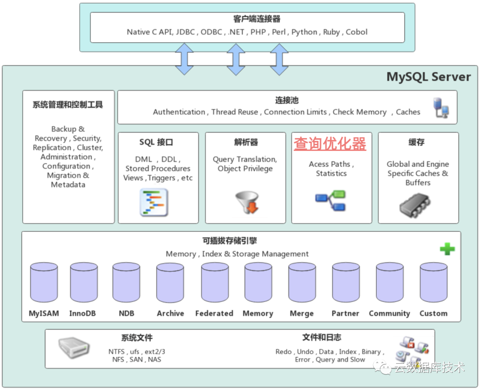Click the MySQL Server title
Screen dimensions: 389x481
pos(428,77)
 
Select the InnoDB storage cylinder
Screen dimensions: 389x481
pos(83,283)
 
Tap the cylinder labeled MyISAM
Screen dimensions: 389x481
pos(44,283)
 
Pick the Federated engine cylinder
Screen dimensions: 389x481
pos(215,283)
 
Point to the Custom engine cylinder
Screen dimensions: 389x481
pos(433,283)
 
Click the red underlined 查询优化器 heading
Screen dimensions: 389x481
pos(330,144)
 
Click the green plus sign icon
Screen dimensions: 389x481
pos(447,249)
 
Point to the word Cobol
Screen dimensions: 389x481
pos(357,32)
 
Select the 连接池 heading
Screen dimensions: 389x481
pos(287,101)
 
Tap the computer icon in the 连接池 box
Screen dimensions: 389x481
pos(441,108)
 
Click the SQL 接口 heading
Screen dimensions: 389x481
pos(156,142)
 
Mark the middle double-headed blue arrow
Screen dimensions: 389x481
pos(236,59)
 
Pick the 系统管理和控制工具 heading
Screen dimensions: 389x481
pos(68,105)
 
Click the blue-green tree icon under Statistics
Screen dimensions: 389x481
pos(331,200)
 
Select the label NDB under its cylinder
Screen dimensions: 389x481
pos(126,313)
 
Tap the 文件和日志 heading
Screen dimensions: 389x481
pos(322,337)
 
